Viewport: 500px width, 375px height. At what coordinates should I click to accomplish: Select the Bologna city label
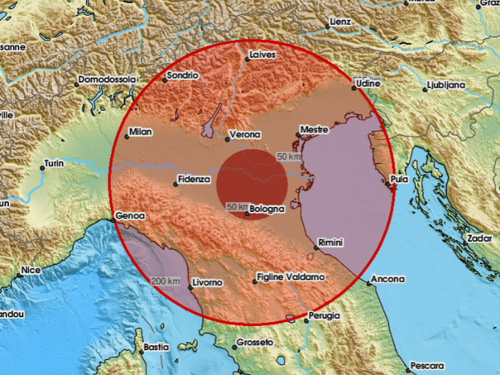pos(268,209)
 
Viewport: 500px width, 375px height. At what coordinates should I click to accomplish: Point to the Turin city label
pos(55,164)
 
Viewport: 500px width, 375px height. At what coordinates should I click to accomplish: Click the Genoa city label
pos(131,215)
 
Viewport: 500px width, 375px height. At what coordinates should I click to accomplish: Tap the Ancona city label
pos(387,279)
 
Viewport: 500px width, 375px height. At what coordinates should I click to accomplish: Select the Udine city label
pos(366,84)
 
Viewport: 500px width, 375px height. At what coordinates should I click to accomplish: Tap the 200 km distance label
pos(166,281)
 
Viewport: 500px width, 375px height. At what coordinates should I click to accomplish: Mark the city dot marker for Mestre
pos(299,135)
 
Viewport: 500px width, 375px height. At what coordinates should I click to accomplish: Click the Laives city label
pos(262,55)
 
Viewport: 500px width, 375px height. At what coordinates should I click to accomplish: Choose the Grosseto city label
pos(255,342)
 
